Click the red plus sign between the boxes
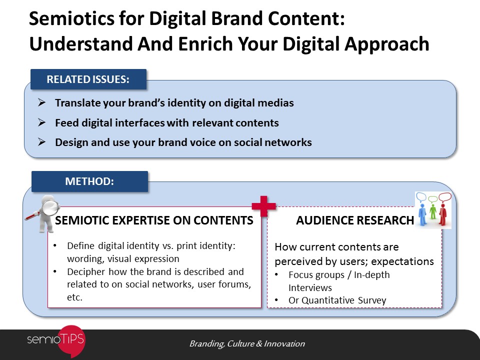click(x=263, y=206)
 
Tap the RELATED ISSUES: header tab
click(x=88, y=79)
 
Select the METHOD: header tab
click(x=89, y=181)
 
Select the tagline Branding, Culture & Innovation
click(x=247, y=344)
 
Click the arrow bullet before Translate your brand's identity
click(x=41, y=102)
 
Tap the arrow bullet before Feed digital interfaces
click(x=41, y=122)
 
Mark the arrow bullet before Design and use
click(x=41, y=142)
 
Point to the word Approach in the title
click(x=386, y=44)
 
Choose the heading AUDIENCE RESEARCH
click(x=355, y=220)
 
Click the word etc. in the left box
click(x=74, y=297)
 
